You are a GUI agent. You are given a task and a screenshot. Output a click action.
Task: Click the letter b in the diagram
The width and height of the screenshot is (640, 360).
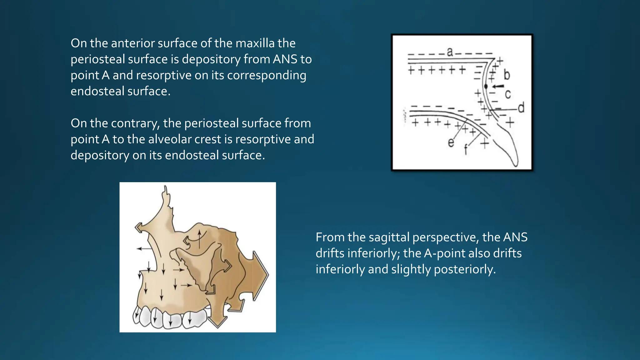pos(507,75)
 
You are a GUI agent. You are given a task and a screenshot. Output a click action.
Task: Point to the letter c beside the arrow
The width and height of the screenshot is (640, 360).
pos(508,94)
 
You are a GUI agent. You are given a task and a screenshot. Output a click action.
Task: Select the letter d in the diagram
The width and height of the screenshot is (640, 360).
pos(521,108)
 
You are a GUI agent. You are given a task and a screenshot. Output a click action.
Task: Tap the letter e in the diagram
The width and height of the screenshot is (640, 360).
pos(451,143)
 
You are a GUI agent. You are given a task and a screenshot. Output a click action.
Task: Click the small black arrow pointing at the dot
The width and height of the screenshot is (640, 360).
pos(498,86)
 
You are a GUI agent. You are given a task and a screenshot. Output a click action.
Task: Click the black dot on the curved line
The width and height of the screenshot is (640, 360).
pos(486,86)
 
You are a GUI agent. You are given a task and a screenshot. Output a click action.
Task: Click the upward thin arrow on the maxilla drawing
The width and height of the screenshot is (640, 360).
pos(199,239)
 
